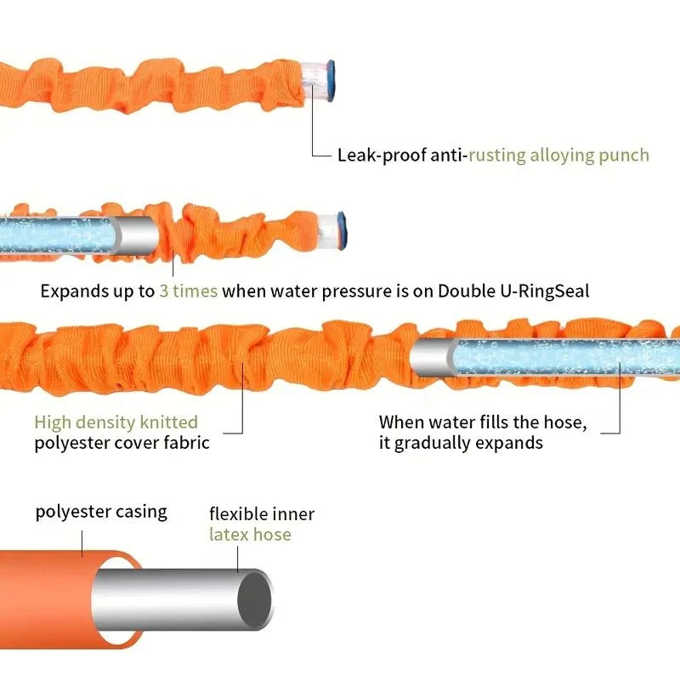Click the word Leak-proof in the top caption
pos(374,156)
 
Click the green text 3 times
pos(188,291)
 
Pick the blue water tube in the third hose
pos(561,357)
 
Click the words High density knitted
pos(116,422)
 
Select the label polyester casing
pos(101,513)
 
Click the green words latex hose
pos(250,535)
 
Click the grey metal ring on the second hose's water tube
pos(134,235)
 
